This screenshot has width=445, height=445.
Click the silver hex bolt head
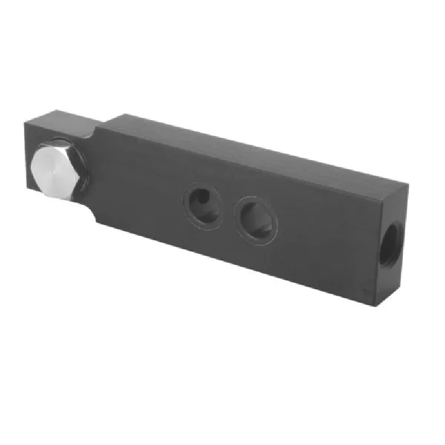click(x=54, y=170)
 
